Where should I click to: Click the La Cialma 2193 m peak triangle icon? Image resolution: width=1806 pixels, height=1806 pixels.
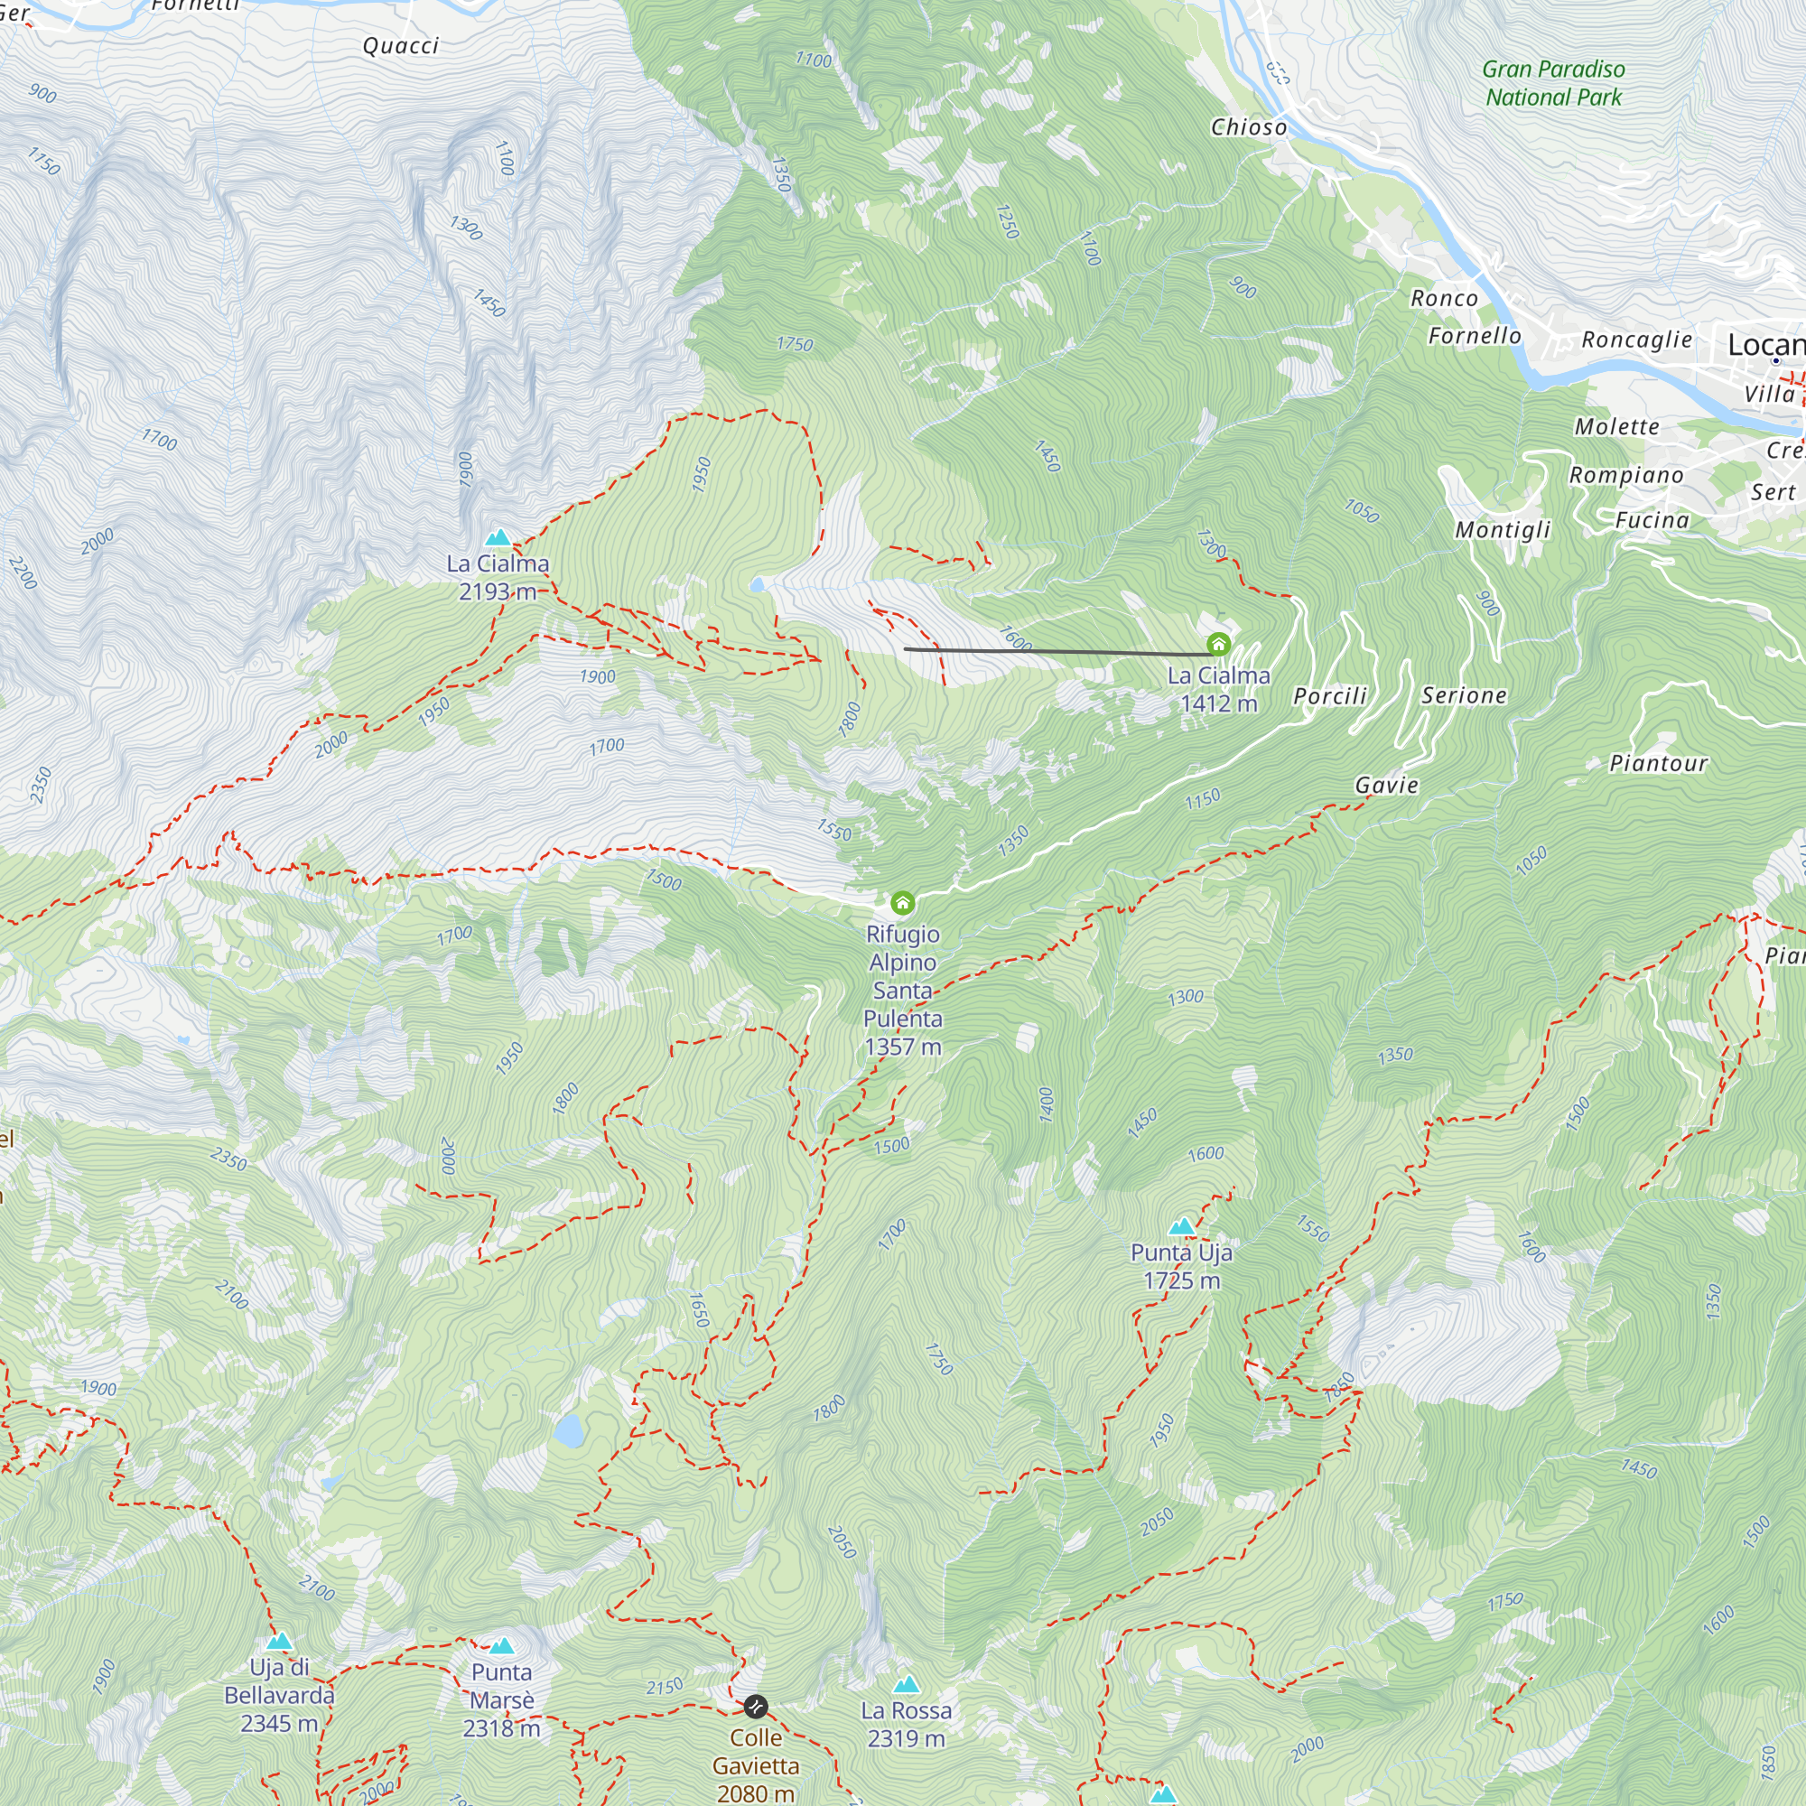[x=498, y=537]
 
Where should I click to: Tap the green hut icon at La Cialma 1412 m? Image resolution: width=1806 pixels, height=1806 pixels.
[x=1218, y=644]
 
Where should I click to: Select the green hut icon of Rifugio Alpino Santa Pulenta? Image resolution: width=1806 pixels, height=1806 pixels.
[x=902, y=902]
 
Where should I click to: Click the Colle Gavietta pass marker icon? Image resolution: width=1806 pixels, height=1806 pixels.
[x=755, y=1707]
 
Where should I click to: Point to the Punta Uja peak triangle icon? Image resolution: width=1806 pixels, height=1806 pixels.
[x=1181, y=1226]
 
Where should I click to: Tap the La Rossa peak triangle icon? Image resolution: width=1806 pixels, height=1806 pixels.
[x=906, y=1684]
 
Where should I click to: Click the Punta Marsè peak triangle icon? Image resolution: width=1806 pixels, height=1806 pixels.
[x=502, y=1645]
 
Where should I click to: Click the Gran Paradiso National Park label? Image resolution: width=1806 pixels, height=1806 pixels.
[x=1553, y=83]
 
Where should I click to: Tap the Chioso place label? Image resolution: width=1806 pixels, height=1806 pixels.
[x=1249, y=127]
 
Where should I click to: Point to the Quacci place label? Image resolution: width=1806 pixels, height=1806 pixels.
[x=401, y=46]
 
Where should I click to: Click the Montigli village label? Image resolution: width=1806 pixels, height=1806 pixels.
[x=1503, y=530]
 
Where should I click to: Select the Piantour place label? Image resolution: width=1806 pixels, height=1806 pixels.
[x=1658, y=764]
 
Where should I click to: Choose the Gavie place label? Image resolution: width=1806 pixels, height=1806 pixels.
[x=1386, y=786]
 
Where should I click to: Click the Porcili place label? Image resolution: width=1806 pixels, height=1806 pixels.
[x=1329, y=696]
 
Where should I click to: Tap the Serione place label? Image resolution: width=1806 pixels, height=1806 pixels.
[x=1464, y=695]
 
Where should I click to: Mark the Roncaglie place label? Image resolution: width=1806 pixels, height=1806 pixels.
[x=1637, y=340]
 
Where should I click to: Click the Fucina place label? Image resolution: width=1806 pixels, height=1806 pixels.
[x=1652, y=521]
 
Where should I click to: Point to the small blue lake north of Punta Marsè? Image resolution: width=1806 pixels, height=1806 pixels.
[x=568, y=1430]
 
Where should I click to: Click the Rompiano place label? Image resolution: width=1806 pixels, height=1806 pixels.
[x=1625, y=475]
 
